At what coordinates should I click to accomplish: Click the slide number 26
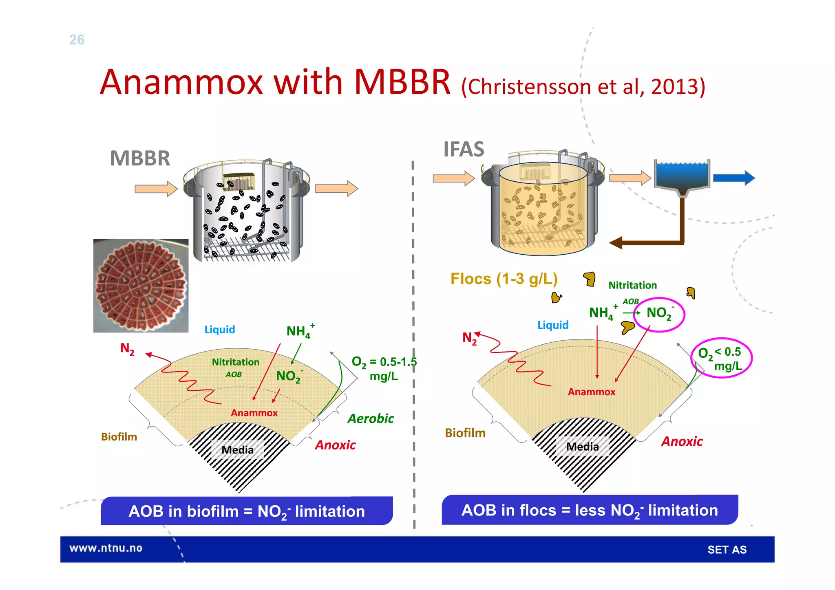[77, 40]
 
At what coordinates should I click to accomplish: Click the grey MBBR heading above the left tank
[140, 159]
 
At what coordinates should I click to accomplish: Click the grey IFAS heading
[464, 149]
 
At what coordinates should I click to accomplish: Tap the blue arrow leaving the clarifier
[733, 178]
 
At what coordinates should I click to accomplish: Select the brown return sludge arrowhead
[616, 243]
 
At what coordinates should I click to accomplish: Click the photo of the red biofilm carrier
[141, 286]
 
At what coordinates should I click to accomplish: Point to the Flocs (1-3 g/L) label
[504, 279]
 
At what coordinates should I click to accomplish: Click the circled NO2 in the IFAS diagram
[659, 314]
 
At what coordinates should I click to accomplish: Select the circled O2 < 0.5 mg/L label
[721, 358]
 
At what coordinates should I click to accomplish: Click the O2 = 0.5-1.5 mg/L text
[384, 368]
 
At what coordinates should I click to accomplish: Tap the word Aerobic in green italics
[371, 419]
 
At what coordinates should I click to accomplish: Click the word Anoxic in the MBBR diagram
[335, 445]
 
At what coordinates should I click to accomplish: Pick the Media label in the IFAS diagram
[582, 447]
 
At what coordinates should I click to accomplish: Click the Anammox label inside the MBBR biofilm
[254, 413]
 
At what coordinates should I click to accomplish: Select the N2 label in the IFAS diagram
[469, 338]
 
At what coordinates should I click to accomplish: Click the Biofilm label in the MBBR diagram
[119, 437]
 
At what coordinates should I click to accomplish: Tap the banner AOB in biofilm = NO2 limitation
[247, 511]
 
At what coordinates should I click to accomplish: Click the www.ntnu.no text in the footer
[106, 548]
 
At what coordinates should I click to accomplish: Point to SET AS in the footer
[727, 550]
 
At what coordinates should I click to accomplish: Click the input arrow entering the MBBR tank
[156, 189]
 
